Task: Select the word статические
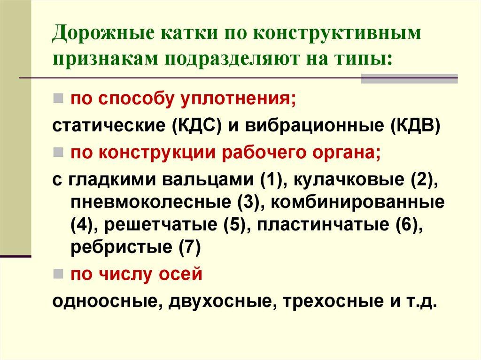109,126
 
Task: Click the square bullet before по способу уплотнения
58,99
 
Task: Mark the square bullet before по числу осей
58,273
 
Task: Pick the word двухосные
218,300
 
